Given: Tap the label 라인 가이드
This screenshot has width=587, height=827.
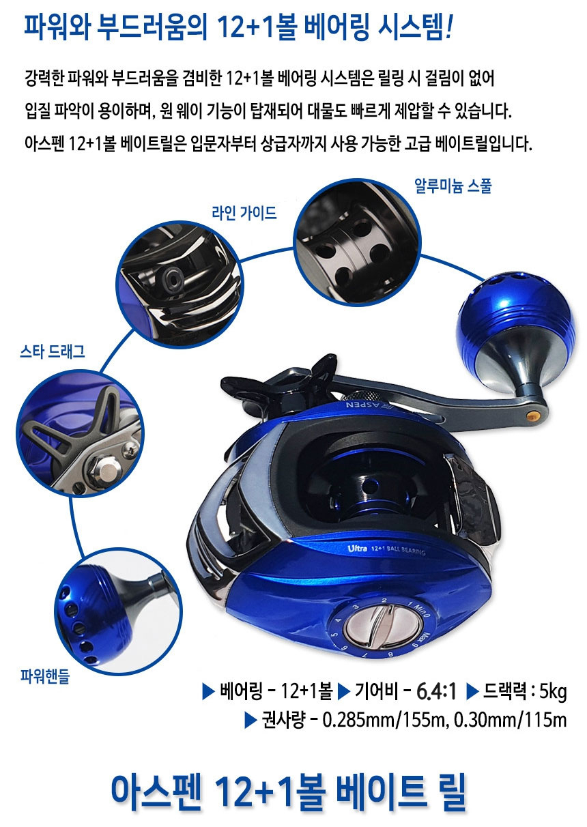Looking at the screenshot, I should coord(244,213).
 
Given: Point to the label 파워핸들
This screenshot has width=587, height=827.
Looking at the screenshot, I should coord(45,678).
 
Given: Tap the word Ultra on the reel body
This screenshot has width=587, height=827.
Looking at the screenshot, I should coord(358,548).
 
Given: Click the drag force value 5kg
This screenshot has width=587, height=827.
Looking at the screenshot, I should coord(553,693).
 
